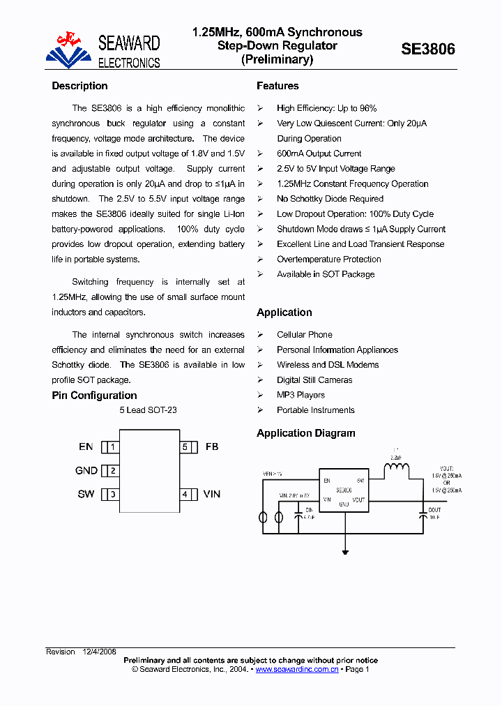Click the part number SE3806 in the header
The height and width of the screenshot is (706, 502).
[428, 49]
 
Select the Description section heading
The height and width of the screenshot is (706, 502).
[79, 86]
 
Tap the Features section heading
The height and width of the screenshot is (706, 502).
[277, 86]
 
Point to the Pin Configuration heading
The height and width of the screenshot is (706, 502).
[94, 396]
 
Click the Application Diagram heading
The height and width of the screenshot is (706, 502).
[305, 433]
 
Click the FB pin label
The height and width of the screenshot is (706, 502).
[212, 446]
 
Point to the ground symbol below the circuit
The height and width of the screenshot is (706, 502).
[345, 553]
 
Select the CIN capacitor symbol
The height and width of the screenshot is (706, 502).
[298, 516]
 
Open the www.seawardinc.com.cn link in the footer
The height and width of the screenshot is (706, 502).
[297, 670]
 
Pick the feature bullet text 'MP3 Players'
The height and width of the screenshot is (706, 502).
[301, 395]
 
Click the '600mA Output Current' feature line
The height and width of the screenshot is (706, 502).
[319, 153]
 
